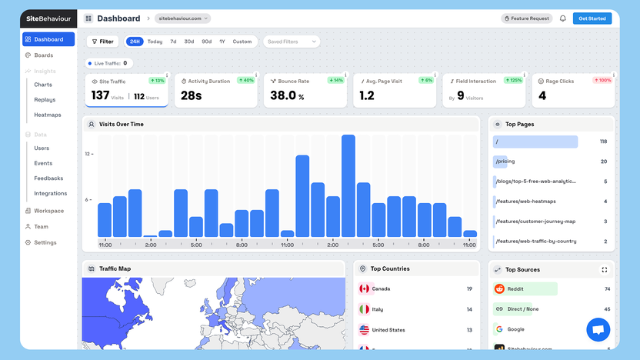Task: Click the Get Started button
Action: pos(592,18)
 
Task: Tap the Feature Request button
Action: pos(527,18)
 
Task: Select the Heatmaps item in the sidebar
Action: pos(48,115)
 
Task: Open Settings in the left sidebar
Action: pos(45,242)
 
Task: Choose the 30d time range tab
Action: pos(189,42)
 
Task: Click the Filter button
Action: pos(102,42)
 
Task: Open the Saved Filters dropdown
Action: pos(292,42)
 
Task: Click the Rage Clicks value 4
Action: pos(542,95)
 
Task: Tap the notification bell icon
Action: pos(562,18)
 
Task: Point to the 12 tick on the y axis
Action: pos(88,154)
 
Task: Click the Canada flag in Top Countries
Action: pos(364,289)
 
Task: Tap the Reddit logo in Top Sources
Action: pos(499,289)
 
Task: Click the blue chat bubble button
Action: pos(598,330)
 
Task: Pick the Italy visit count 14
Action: pos(469,309)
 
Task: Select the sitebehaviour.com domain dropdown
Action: pos(182,18)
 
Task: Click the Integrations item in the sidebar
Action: pos(51,193)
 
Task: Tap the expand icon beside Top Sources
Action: pos(604,270)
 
